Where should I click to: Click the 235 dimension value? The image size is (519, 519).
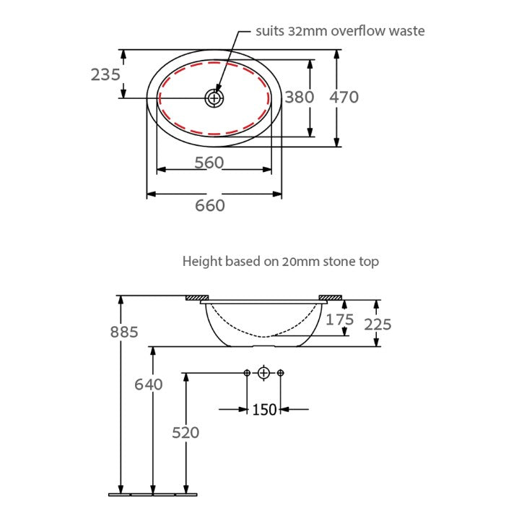(105, 74)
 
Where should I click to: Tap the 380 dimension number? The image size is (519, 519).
(299, 96)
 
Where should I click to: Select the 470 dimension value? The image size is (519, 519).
(344, 97)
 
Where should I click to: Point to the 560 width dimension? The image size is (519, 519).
(209, 163)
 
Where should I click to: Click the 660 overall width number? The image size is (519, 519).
(210, 205)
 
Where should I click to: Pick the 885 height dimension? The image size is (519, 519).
(123, 332)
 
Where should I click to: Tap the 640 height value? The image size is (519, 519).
(149, 384)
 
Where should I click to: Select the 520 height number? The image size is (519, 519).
(186, 432)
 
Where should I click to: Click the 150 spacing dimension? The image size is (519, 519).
(264, 409)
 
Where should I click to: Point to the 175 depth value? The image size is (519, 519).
(339, 319)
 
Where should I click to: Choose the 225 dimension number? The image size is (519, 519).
(378, 325)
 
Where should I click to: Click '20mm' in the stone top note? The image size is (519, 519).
(298, 262)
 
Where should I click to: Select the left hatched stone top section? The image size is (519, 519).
(196, 298)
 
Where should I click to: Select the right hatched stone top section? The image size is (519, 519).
(331, 298)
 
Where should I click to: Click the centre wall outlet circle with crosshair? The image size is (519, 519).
(263, 373)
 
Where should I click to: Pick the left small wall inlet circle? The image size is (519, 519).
(247, 373)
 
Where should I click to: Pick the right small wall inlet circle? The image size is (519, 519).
(281, 373)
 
